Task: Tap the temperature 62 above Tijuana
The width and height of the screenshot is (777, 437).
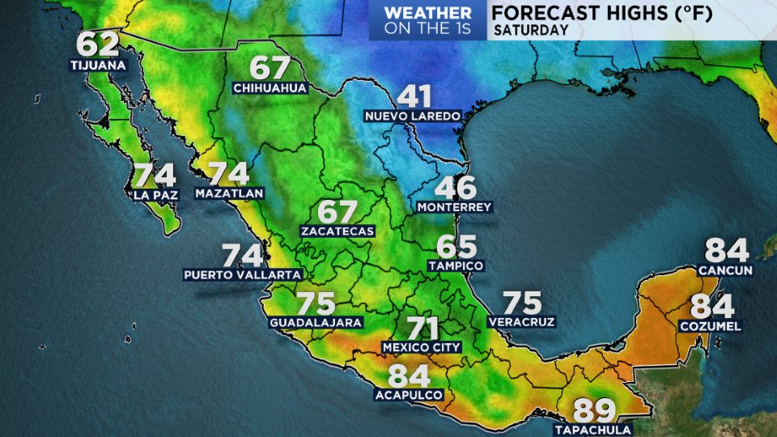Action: (x=98, y=45)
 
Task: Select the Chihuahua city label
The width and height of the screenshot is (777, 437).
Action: (x=270, y=87)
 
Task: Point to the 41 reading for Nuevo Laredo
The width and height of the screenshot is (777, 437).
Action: (x=413, y=97)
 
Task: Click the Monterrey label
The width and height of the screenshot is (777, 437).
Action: (x=454, y=207)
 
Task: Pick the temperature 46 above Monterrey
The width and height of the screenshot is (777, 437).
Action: (x=456, y=188)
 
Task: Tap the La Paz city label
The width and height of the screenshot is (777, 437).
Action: (x=154, y=194)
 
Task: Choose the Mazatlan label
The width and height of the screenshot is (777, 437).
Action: (x=230, y=194)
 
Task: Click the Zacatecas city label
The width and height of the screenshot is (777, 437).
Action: (x=338, y=231)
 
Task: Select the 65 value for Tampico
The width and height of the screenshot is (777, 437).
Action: (x=456, y=246)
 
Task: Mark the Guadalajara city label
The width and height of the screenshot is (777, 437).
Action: (x=316, y=322)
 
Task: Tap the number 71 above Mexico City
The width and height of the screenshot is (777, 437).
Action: (x=422, y=329)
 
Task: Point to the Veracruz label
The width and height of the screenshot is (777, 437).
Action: (x=522, y=322)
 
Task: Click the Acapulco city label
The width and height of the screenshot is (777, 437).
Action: (x=409, y=395)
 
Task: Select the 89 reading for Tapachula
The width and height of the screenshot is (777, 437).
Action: (x=595, y=411)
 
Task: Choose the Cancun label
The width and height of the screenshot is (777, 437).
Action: (x=726, y=270)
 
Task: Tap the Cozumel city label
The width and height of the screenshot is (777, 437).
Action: (x=712, y=326)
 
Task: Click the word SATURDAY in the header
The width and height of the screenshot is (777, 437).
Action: (x=530, y=30)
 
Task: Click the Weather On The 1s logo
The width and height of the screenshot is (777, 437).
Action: (x=427, y=20)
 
